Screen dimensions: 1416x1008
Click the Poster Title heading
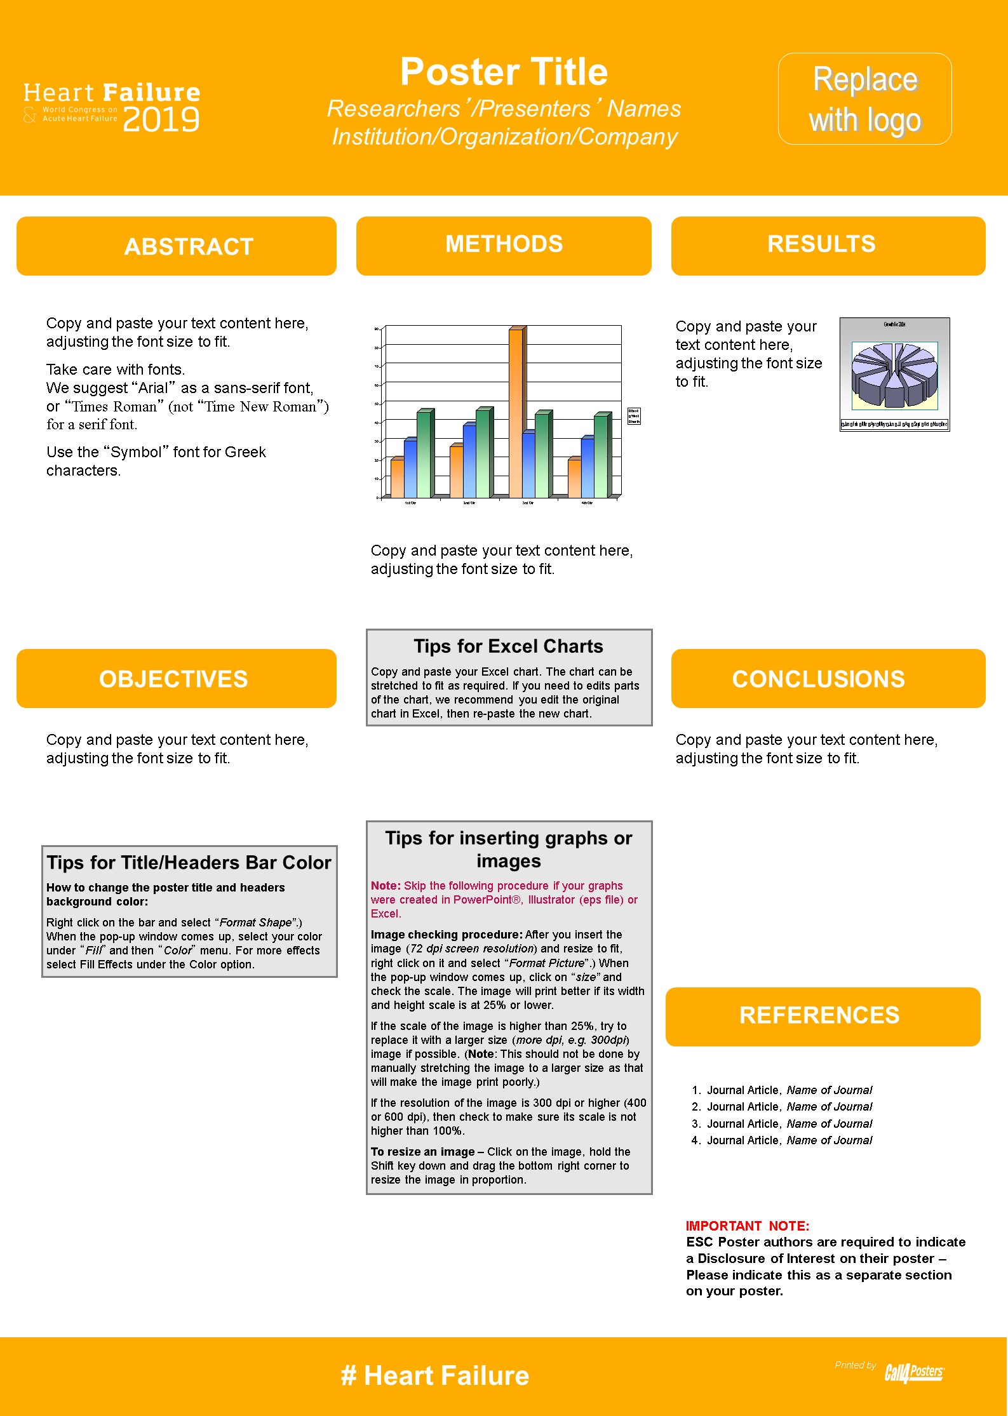click(504, 72)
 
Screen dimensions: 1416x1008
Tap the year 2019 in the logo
click(161, 120)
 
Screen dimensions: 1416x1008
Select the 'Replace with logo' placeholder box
click(864, 99)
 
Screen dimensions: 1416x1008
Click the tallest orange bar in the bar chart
click(516, 413)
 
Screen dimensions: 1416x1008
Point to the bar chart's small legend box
click(634, 416)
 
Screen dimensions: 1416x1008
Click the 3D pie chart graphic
click(894, 375)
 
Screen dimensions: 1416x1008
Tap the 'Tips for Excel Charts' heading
click(508, 646)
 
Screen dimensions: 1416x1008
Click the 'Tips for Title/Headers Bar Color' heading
click(189, 862)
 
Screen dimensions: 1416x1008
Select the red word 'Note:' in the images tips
click(386, 886)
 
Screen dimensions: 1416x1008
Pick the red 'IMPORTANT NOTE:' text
click(747, 1226)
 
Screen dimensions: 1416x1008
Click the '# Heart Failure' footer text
click(435, 1376)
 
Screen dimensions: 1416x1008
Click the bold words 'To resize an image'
click(422, 1152)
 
